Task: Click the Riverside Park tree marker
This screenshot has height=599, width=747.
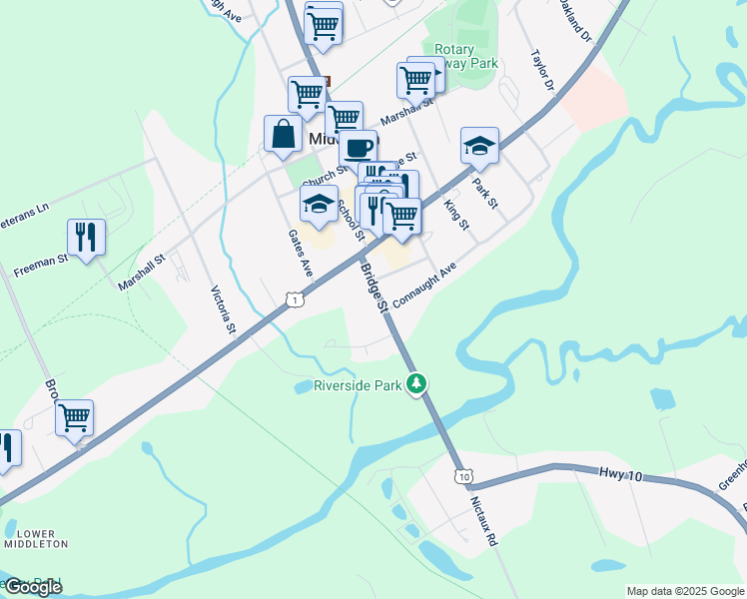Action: [x=418, y=383]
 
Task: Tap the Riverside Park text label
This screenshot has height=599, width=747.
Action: [x=357, y=385]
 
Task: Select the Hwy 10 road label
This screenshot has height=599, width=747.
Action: [x=621, y=475]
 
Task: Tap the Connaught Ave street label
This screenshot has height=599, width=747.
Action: [x=424, y=285]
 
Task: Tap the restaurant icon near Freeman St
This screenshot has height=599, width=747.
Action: [x=86, y=237]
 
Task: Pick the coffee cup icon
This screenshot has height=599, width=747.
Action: [x=359, y=148]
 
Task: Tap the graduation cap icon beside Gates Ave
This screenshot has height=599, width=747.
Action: [x=319, y=205]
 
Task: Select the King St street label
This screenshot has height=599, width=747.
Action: [x=455, y=214]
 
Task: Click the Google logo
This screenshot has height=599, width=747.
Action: [x=32, y=587]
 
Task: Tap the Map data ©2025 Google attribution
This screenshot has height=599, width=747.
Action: [x=685, y=591]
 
